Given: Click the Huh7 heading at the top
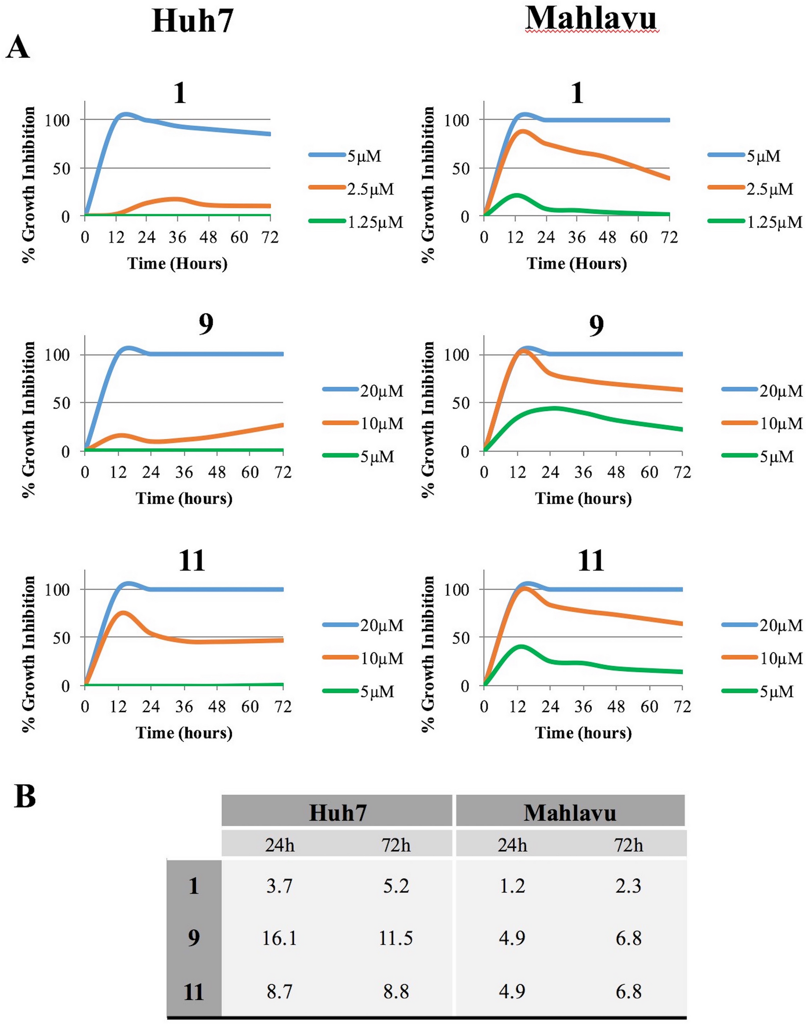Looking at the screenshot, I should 193,22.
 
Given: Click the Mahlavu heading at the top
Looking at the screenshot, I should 591,19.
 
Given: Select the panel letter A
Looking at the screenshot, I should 17,49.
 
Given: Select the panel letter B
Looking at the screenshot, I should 25,796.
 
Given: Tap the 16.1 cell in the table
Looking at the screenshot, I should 279,938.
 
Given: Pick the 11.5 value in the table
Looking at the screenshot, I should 395,938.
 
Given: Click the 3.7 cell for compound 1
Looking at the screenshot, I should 279,886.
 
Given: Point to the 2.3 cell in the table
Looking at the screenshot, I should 628,886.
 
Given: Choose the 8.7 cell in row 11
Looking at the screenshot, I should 279,991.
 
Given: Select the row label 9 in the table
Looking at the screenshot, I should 194,938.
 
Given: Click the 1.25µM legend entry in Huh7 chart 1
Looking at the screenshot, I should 376,222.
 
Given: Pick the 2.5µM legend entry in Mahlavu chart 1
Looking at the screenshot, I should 769,189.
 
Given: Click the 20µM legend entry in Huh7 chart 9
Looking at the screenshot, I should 382,391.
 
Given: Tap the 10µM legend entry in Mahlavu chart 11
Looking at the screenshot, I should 780,658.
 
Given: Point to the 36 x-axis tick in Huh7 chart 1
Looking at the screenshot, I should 178,237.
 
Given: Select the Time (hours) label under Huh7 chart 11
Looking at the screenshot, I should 184,733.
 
